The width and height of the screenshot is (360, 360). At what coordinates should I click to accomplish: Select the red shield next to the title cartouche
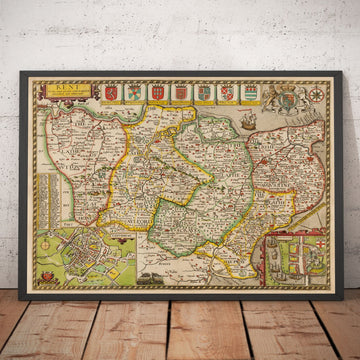tap(109, 93)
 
